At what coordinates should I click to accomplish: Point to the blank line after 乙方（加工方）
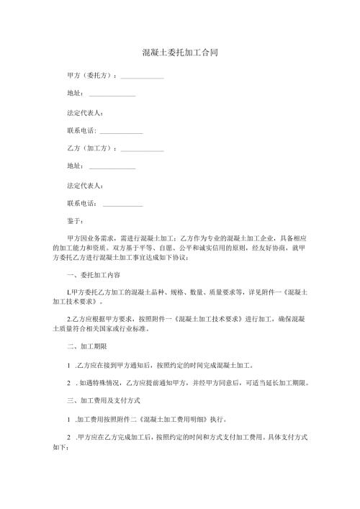[142, 150]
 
